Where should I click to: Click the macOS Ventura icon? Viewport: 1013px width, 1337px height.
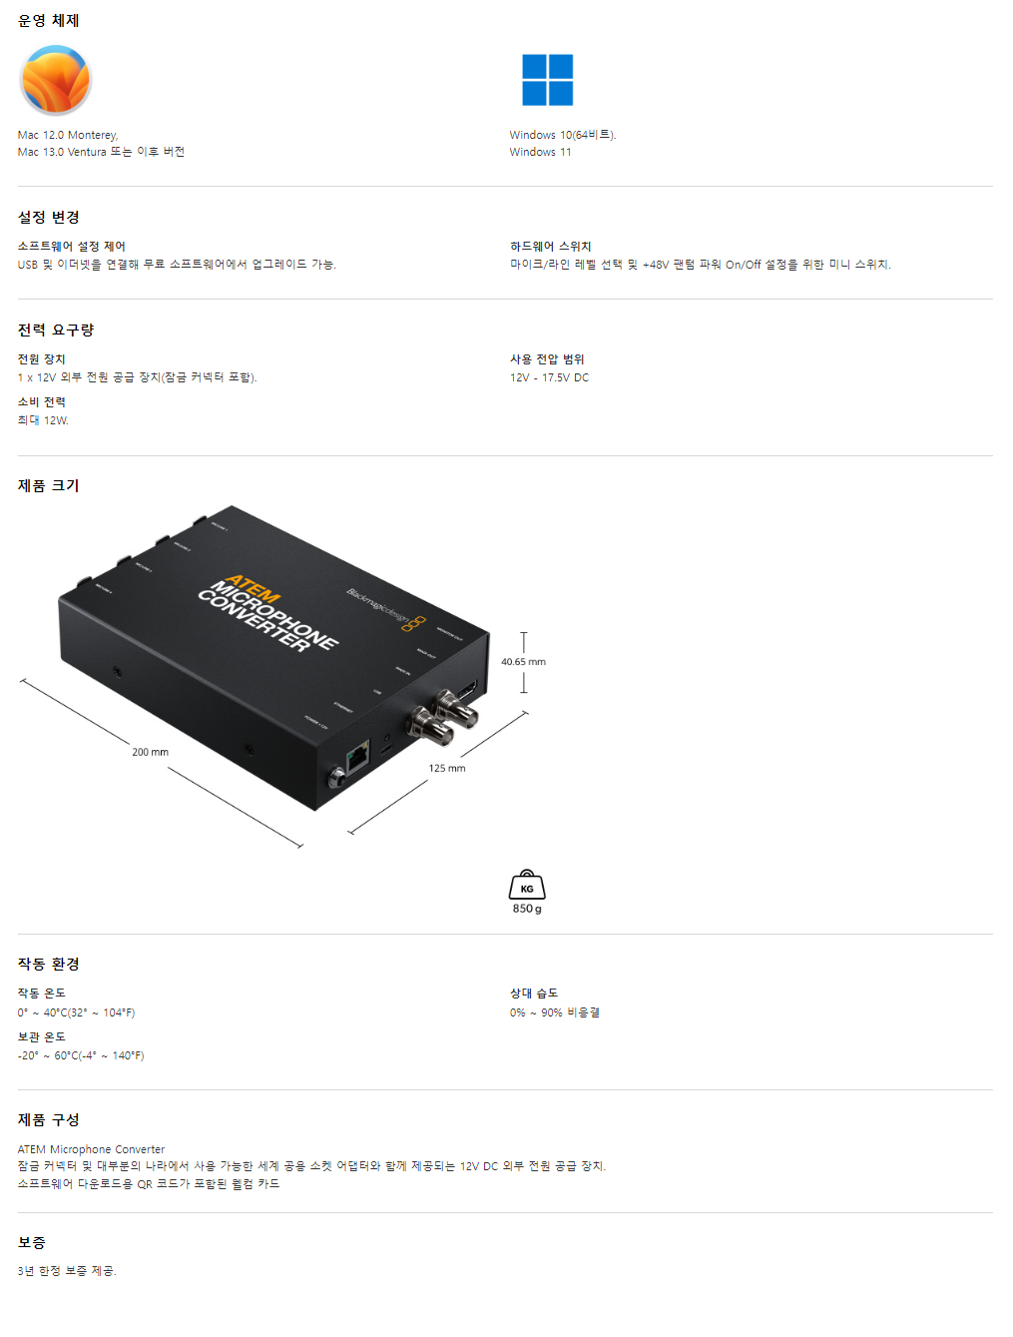pyautogui.click(x=56, y=81)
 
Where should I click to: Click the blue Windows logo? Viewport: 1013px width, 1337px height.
pyautogui.click(x=547, y=80)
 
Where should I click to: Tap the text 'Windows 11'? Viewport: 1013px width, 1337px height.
pyautogui.click(x=540, y=152)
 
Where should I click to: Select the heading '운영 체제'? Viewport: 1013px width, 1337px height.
pyautogui.click(x=48, y=20)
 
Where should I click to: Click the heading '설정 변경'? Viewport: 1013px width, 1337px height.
pyautogui.click(x=48, y=217)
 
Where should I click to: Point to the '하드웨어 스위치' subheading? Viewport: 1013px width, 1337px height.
pyautogui.click(x=550, y=246)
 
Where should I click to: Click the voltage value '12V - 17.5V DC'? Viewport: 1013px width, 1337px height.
pyautogui.click(x=549, y=377)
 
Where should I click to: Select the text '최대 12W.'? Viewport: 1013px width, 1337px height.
pyautogui.click(x=43, y=420)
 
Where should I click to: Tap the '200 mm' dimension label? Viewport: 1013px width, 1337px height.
pyautogui.click(x=150, y=752)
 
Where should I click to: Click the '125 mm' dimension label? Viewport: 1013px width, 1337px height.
pyautogui.click(x=447, y=768)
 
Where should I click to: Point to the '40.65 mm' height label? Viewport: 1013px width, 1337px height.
pyautogui.click(x=523, y=662)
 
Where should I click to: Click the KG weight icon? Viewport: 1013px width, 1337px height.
pyautogui.click(x=527, y=885)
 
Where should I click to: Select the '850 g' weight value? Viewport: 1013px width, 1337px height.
pyautogui.click(x=527, y=909)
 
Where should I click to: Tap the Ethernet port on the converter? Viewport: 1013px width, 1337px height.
pyautogui.click(x=357, y=758)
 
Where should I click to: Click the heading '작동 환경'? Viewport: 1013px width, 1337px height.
pyautogui.click(x=48, y=964)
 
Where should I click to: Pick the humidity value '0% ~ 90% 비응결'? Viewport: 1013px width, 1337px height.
pyautogui.click(x=554, y=1012)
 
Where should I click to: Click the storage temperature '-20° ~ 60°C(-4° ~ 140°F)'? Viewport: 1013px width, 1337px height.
pyautogui.click(x=81, y=1055)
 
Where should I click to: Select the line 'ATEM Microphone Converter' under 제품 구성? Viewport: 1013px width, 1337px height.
pyautogui.click(x=91, y=1149)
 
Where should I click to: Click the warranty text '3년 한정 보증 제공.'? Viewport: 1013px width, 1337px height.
pyautogui.click(x=67, y=1271)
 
